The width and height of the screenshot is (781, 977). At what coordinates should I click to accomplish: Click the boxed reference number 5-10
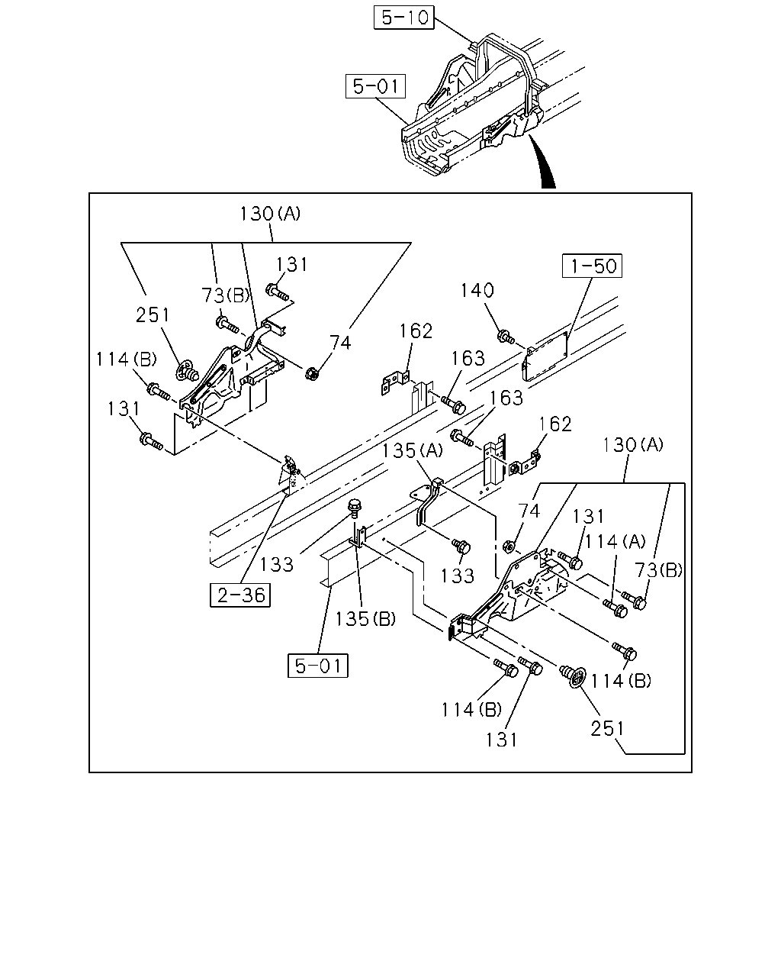tap(403, 18)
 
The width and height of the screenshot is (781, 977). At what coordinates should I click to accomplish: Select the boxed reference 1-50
tap(592, 266)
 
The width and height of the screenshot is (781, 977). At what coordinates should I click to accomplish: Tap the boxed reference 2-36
tap(240, 595)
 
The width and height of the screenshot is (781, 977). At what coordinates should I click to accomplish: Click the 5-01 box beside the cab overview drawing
tap(375, 86)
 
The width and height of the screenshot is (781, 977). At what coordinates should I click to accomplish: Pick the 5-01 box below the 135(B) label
tap(318, 666)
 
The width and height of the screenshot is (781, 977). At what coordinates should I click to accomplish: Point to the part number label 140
tap(477, 290)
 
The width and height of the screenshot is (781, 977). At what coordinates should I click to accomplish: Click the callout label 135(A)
tap(412, 451)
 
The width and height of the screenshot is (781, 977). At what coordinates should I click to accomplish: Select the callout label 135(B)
tap(365, 619)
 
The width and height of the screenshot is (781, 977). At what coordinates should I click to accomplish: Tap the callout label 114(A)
tap(615, 541)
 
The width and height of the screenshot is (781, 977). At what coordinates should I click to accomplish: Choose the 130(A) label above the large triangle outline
tap(270, 214)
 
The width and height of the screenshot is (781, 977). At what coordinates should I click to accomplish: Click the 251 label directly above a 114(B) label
tap(153, 315)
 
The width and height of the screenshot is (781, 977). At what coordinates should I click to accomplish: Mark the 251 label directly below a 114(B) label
tap(607, 729)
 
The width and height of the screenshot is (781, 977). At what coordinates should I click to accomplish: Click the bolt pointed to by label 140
tap(506, 337)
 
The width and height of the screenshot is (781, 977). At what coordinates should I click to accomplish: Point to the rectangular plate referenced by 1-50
tap(545, 356)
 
